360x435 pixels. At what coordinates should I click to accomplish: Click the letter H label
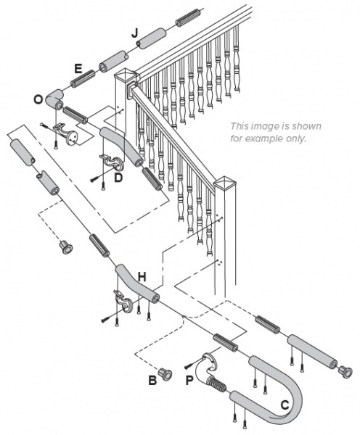coord(142,276)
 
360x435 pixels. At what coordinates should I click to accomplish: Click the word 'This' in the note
coord(240,125)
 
